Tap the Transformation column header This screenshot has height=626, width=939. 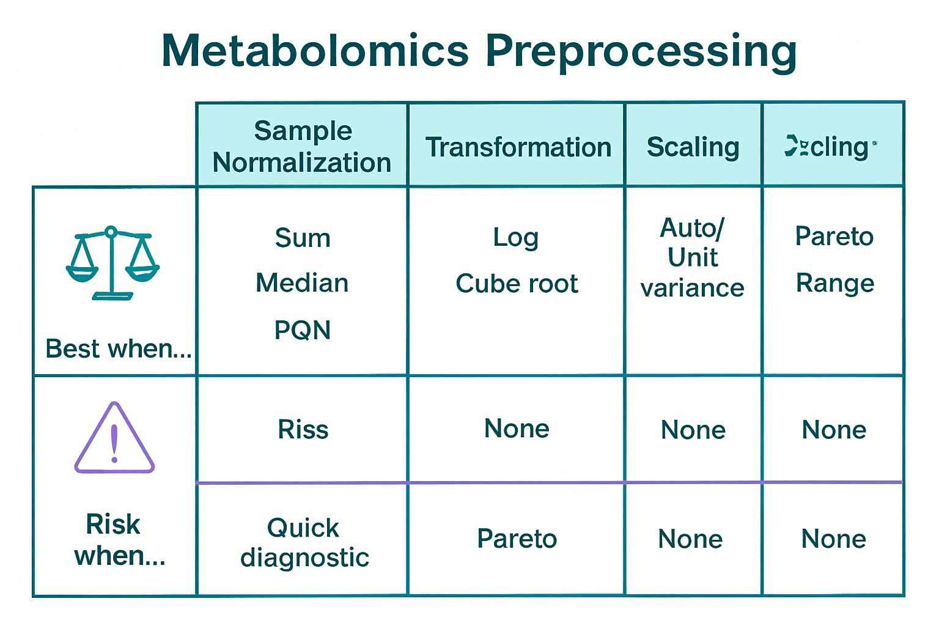518,147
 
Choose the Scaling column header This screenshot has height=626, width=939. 693,147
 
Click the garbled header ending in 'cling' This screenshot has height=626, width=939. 831,147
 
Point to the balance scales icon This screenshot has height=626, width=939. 112,262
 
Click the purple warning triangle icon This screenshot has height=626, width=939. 114,438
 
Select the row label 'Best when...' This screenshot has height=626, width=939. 118,348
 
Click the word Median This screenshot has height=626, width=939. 302,283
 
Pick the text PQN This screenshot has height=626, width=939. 302,330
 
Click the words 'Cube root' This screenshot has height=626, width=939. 517,284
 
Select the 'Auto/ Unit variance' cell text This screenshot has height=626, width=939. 693,257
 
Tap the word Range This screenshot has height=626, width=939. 834,283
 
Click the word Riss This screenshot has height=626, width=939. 303,429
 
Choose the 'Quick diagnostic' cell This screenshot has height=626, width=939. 304,542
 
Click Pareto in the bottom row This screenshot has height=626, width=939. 517,539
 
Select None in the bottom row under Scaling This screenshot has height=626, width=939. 690,539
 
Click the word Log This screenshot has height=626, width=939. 515,237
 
